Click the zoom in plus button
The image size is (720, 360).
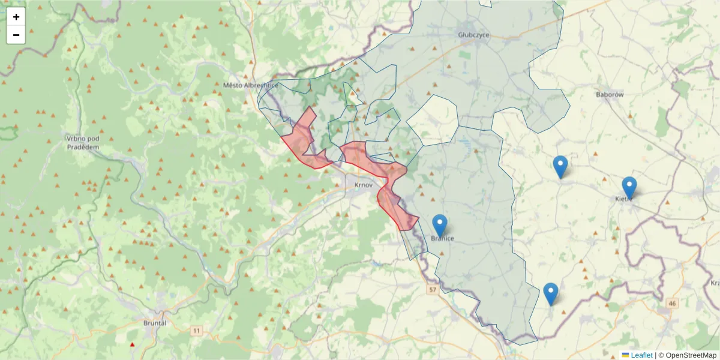(x=16, y=17)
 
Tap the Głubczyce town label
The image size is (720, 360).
(x=473, y=35)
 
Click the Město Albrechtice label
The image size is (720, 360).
(x=251, y=85)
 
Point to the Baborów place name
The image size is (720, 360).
(x=610, y=95)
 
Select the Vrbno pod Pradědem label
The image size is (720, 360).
(x=83, y=142)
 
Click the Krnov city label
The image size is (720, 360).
(x=364, y=185)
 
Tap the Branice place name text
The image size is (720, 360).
(x=442, y=239)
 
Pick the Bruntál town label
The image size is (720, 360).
(x=155, y=323)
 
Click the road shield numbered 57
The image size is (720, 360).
(x=433, y=290)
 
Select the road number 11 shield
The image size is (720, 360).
(x=197, y=331)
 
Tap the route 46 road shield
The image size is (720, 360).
(x=671, y=304)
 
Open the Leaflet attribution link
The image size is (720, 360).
(x=641, y=355)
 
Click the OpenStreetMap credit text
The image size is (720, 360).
(x=688, y=355)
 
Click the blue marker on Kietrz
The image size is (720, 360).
(x=629, y=188)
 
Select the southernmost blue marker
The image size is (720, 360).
(x=551, y=294)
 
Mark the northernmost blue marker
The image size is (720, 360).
(x=560, y=167)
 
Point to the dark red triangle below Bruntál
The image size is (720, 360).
(x=133, y=344)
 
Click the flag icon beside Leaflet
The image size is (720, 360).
(x=626, y=355)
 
